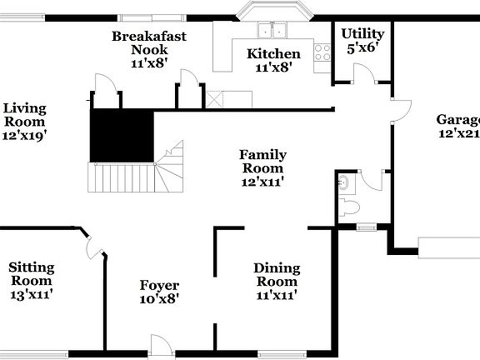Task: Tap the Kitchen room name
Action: point(272,54)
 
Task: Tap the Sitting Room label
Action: point(32,274)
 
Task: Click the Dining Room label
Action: point(277,274)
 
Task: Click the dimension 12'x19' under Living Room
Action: point(24,134)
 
